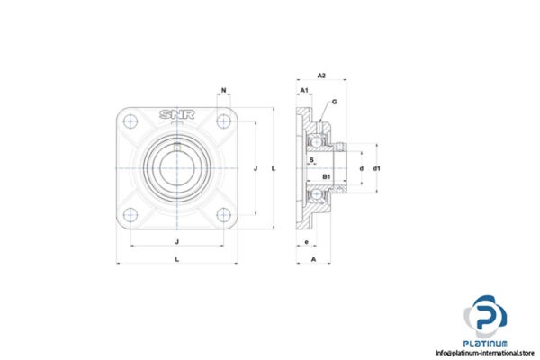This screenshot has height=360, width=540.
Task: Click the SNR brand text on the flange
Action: [177, 114]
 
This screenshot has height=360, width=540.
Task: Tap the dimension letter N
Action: [223, 91]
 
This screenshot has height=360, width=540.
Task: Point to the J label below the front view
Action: [176, 240]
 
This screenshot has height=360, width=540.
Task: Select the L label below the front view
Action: [176, 260]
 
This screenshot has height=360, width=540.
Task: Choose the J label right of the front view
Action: [256, 168]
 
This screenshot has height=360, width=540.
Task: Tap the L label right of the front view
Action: [274, 168]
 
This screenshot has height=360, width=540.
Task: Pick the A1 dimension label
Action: [304, 92]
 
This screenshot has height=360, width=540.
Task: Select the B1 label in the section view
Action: [328, 176]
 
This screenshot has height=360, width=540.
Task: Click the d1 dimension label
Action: [378, 168]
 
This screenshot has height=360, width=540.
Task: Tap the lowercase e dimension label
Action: [307, 242]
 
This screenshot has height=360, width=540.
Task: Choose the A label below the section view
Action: [312, 260]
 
